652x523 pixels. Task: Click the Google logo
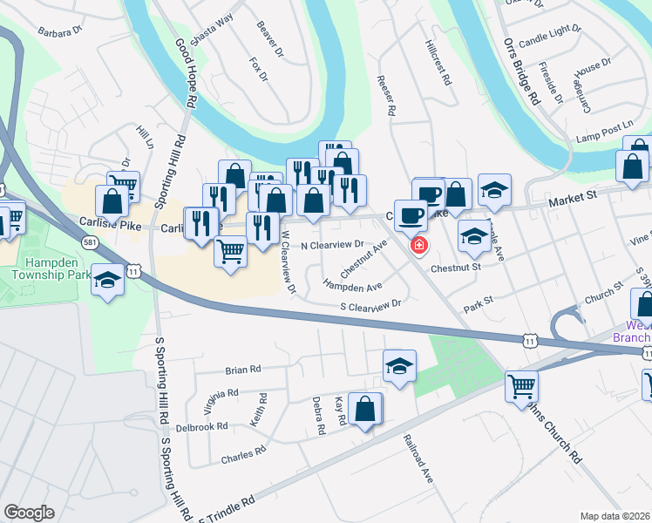click(x=29, y=513)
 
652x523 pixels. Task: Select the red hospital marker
click(x=419, y=246)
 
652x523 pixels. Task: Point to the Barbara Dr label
click(x=59, y=30)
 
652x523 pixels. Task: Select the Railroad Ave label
click(x=419, y=459)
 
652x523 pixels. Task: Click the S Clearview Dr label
click(x=370, y=304)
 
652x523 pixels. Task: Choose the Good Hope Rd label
click(x=186, y=72)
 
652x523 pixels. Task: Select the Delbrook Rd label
click(x=201, y=427)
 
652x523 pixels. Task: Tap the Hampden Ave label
click(x=353, y=285)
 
